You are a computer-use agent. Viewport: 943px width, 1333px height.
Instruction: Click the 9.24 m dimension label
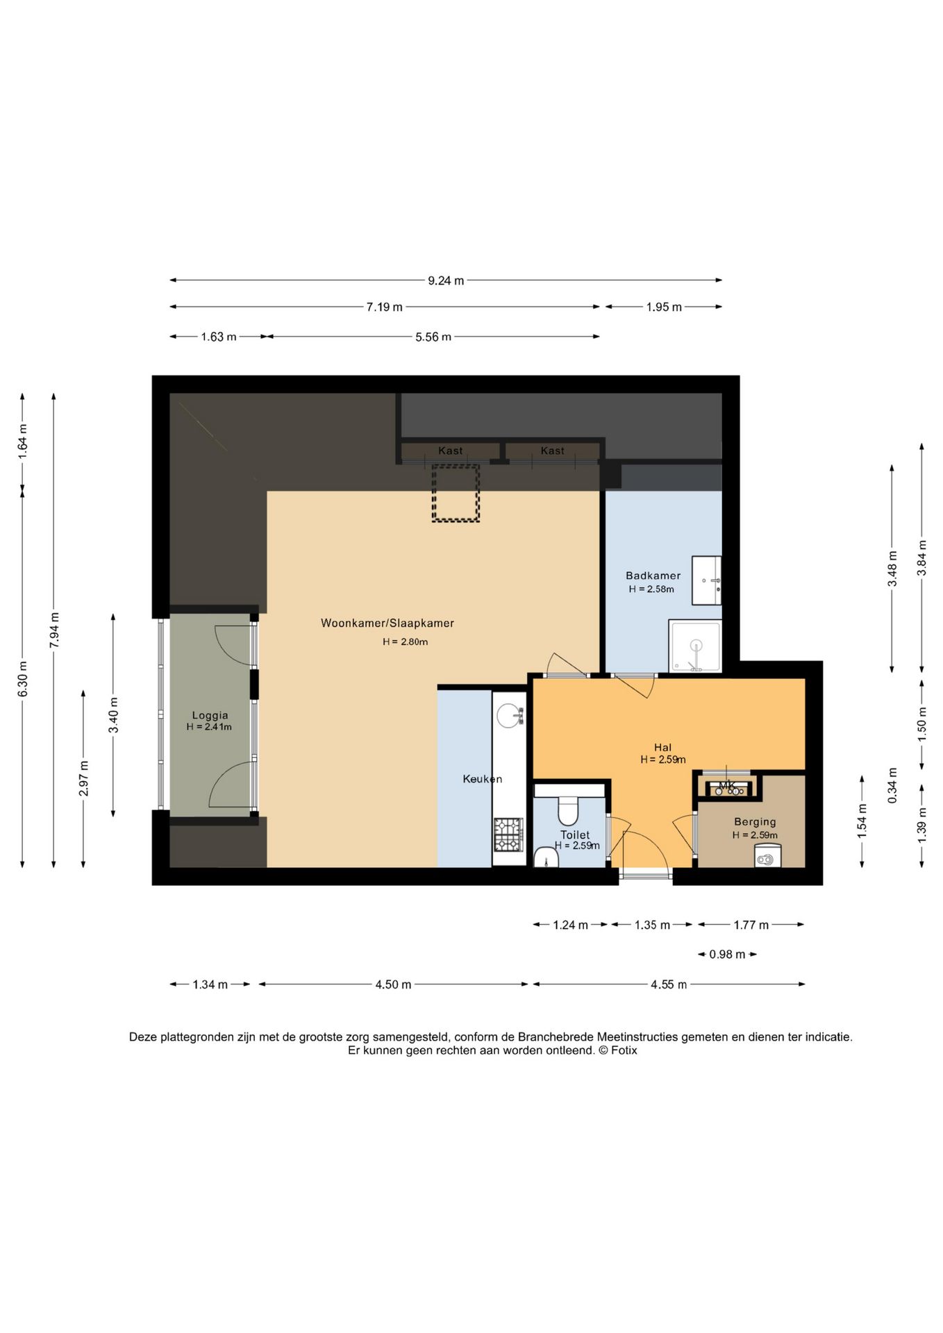(446, 280)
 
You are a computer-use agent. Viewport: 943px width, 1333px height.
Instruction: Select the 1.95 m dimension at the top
(664, 307)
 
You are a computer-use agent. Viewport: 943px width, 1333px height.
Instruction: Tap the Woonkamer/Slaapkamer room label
(387, 623)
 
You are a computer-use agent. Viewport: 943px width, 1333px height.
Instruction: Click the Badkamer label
(653, 576)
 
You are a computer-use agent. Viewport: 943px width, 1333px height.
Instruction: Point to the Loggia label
(210, 715)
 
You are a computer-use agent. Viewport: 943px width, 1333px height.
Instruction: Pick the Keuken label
(483, 779)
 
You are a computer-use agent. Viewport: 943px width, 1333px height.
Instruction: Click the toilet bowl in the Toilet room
(568, 810)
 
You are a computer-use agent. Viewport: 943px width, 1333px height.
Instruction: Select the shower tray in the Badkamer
(695, 646)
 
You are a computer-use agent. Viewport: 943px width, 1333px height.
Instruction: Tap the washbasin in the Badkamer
(706, 580)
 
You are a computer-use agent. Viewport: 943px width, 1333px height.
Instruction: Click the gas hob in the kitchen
(508, 835)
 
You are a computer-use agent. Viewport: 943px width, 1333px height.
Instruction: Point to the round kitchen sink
(510, 716)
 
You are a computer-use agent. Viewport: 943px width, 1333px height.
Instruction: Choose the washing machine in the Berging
(767, 855)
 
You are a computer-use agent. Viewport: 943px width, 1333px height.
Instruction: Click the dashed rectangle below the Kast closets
(456, 493)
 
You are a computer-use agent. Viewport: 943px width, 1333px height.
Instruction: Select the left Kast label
(450, 451)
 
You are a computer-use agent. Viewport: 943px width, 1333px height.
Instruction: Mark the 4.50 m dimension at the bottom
(393, 984)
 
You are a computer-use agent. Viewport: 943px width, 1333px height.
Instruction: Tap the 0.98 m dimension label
(727, 955)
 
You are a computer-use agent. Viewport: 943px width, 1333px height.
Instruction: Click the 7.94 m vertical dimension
(54, 630)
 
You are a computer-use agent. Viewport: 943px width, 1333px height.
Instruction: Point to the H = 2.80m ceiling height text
(405, 642)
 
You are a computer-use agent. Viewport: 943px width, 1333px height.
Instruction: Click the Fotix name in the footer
(624, 1050)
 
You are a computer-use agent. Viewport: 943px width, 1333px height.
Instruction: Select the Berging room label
(755, 822)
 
